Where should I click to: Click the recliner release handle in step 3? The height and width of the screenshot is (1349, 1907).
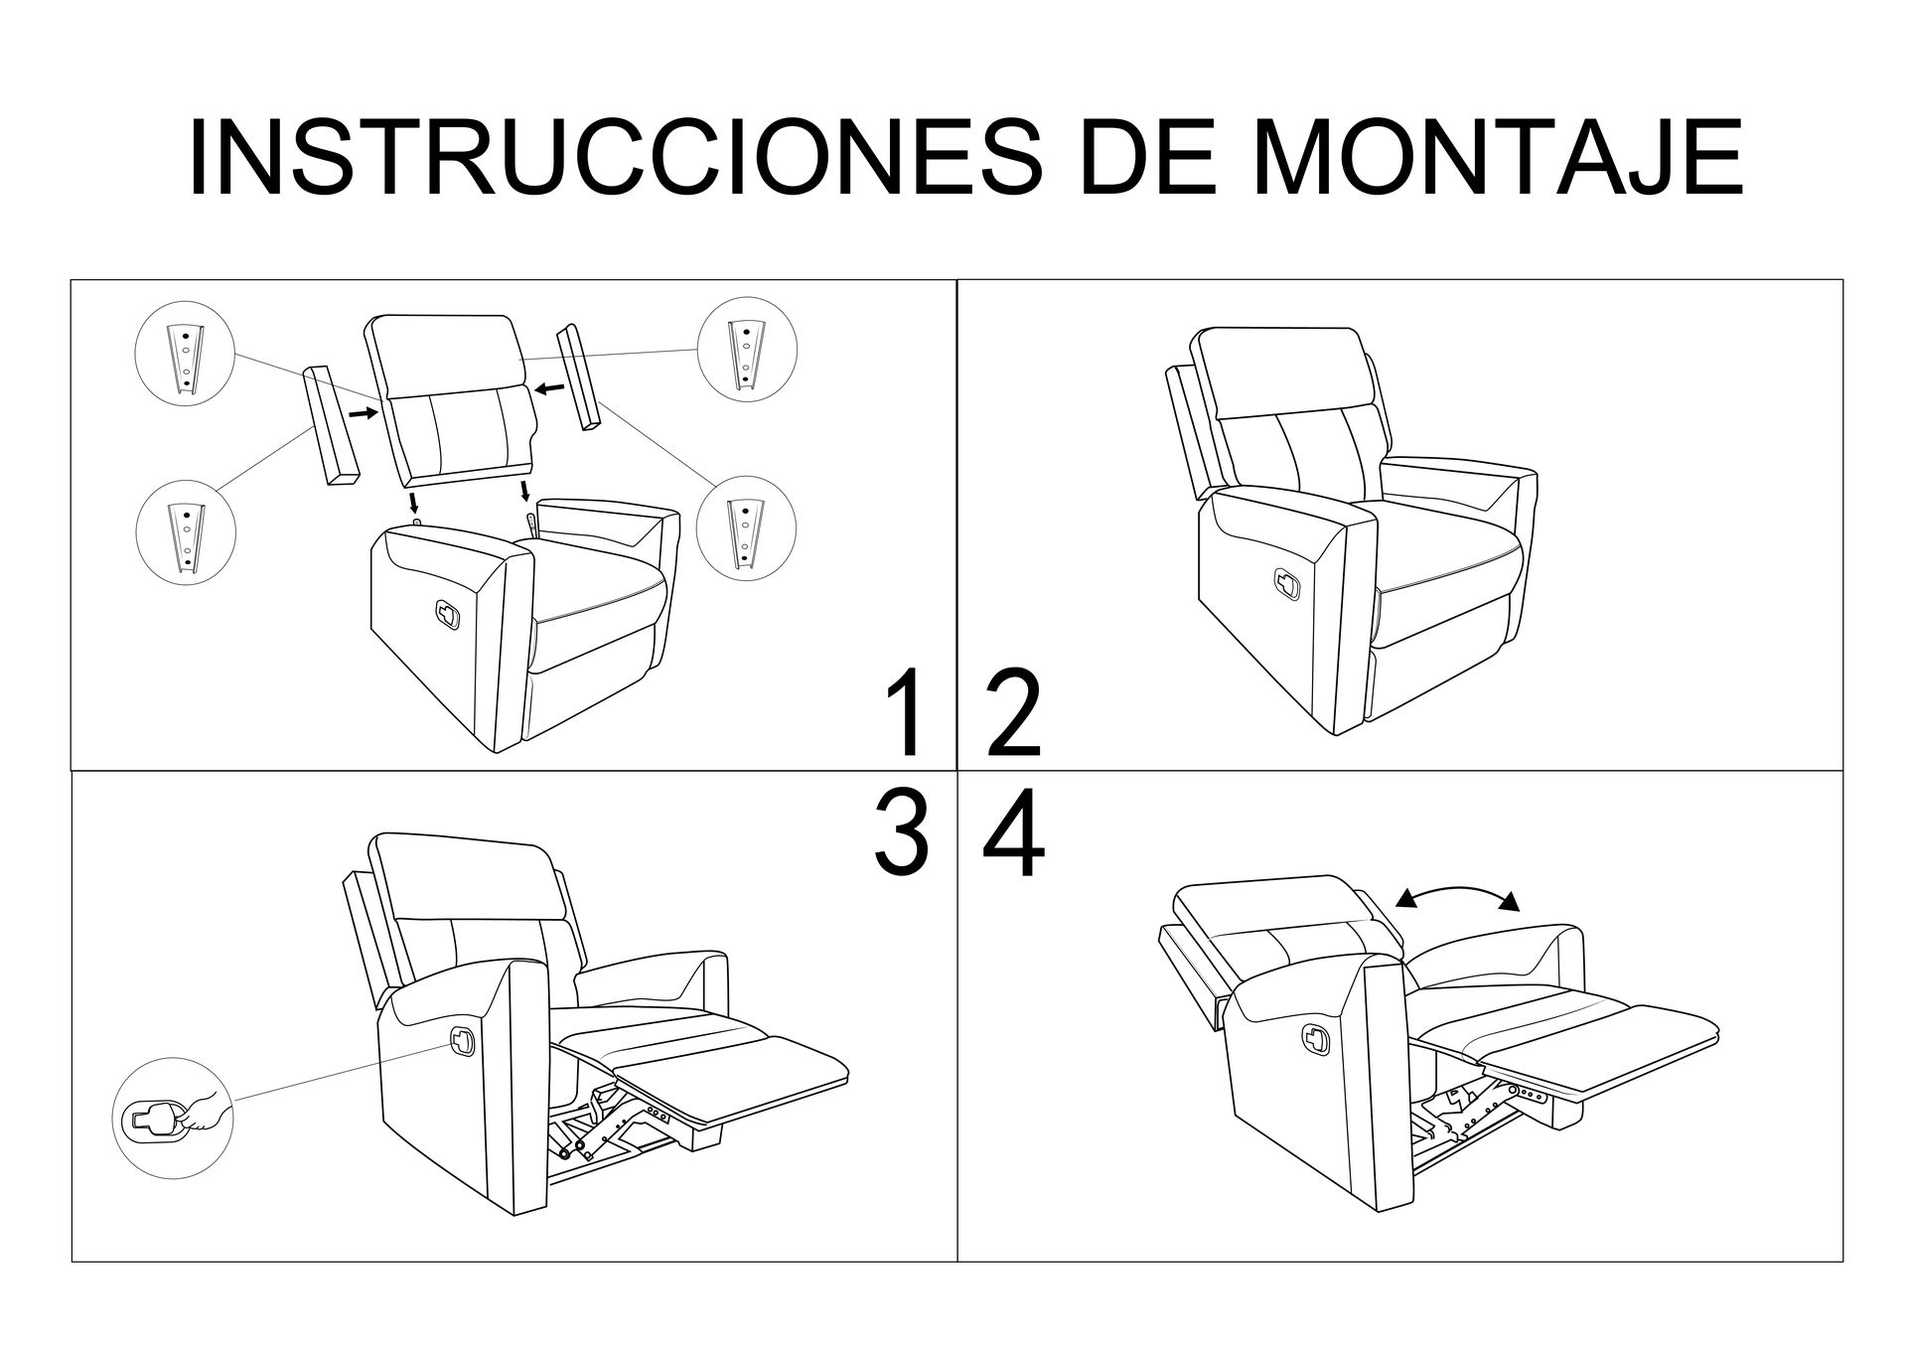[x=464, y=1040]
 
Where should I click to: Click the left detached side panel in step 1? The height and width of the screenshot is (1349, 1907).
[x=332, y=425]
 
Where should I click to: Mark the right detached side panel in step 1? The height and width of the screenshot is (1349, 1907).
[x=579, y=377]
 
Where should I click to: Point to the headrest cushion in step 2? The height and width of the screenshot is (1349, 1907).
[x=1283, y=374]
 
